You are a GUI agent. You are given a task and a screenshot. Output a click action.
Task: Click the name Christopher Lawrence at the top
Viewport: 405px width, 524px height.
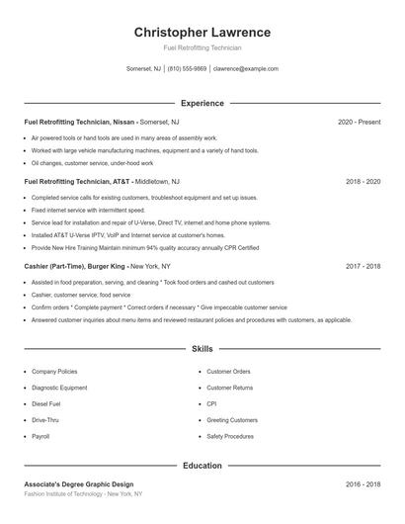pyautogui.click(x=202, y=33)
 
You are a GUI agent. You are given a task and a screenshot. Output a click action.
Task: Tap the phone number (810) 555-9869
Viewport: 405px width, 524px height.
pyautogui.click(x=187, y=69)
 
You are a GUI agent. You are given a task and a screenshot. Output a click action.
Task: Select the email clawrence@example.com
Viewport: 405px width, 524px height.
pyautogui.click(x=246, y=69)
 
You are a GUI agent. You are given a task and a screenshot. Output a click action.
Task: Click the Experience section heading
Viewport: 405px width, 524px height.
pyautogui.click(x=202, y=103)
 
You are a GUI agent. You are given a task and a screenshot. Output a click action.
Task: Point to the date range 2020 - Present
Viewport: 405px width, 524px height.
pyautogui.click(x=359, y=122)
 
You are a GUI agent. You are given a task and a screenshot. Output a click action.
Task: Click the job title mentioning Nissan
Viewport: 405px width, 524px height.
pyautogui.click(x=80, y=122)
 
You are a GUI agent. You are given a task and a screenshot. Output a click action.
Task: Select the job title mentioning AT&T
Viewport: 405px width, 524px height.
pyautogui.click(x=77, y=182)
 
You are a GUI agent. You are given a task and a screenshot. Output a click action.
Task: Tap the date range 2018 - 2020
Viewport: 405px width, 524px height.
pyautogui.click(x=363, y=182)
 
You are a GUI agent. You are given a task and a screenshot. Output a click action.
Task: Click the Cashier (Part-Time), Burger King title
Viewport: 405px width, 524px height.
pyautogui.click(x=75, y=266)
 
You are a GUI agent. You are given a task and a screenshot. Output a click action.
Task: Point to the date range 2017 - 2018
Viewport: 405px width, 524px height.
pyautogui.click(x=363, y=266)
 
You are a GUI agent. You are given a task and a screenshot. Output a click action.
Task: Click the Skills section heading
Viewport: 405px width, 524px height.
pyautogui.click(x=202, y=349)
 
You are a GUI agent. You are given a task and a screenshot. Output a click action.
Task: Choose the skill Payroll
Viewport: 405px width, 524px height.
pyautogui.click(x=40, y=436)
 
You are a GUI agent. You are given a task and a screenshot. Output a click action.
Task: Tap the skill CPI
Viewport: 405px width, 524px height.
pyautogui.click(x=211, y=403)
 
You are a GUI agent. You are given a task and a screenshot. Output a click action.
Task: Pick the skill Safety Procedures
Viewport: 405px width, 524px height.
pyautogui.click(x=230, y=436)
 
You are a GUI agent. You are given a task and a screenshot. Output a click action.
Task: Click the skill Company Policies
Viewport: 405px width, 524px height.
pyautogui.click(x=54, y=371)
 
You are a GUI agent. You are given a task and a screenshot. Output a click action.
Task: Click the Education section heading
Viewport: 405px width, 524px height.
pyautogui.click(x=202, y=465)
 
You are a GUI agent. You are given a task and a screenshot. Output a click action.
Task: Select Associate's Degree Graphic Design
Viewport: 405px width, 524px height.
pyautogui.click(x=78, y=484)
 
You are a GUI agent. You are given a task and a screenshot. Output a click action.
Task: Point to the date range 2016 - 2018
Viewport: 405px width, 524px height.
pyautogui.click(x=363, y=484)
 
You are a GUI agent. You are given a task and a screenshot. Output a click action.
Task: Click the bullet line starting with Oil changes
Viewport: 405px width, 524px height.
pyautogui.click(x=92, y=163)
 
